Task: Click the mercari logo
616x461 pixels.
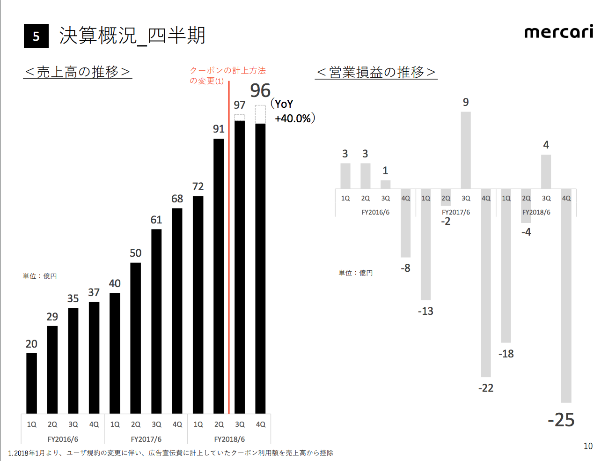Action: (558, 32)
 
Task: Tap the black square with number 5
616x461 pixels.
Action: (36, 36)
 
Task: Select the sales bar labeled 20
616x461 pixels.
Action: (31, 383)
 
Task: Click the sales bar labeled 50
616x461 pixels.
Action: (135, 338)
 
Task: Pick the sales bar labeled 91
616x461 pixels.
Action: (219, 276)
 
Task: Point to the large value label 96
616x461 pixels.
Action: (260, 90)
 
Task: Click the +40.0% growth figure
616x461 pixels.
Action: (293, 119)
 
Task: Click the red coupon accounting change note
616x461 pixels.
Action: (227, 75)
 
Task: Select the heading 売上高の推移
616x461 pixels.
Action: (78, 72)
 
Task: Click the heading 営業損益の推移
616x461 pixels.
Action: (376, 73)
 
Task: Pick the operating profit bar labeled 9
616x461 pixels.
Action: (466, 150)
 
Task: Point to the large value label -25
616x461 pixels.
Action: (561, 420)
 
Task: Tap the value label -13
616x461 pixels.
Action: (425, 311)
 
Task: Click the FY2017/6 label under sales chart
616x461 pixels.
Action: (146, 439)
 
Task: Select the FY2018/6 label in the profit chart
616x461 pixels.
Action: (536, 212)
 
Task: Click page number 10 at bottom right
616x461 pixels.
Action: (588, 446)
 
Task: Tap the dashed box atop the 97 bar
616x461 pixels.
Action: (240, 118)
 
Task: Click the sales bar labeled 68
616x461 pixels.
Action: (177, 311)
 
